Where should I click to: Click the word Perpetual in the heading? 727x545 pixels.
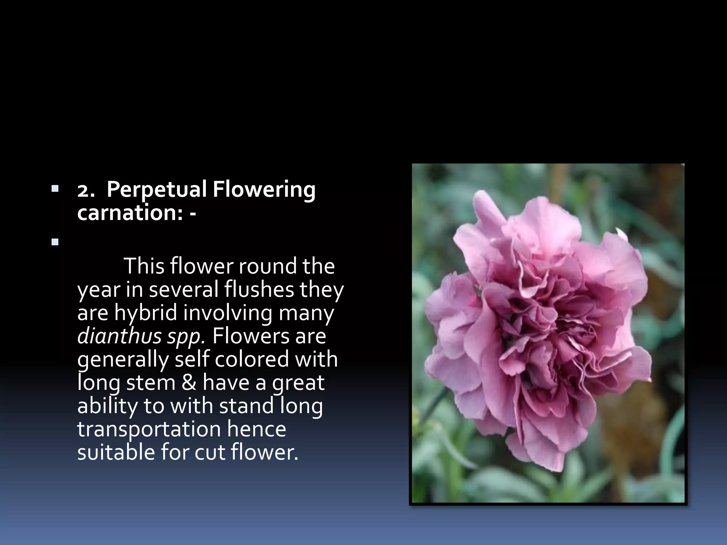157,190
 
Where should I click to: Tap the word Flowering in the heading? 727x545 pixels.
264,190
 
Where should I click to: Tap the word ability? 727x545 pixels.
107,406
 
